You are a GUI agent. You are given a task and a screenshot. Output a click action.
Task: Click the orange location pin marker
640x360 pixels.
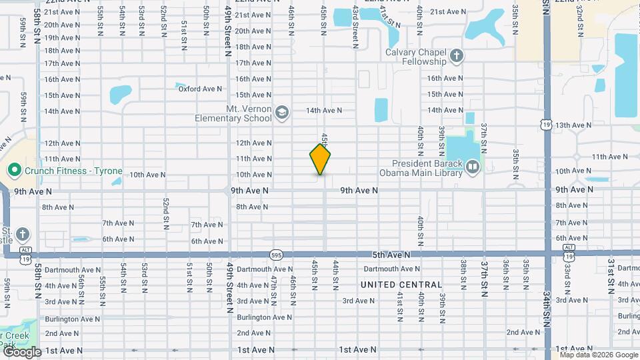pos(320,159)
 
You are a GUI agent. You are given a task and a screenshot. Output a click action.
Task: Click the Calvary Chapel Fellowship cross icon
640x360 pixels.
pos(456,55)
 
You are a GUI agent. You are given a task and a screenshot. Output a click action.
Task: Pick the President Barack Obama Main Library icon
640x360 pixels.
pos(473,166)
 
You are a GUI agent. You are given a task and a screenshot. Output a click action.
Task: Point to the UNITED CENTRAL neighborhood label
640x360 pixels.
pos(401,285)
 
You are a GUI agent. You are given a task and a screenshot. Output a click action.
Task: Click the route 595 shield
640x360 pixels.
pos(275,254)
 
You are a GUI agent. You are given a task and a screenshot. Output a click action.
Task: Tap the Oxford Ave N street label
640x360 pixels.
pos(199,89)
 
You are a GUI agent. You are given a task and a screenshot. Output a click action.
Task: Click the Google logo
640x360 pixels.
pos(21,351)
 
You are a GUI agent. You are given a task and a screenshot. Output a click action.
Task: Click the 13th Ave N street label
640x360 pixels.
pos(573,125)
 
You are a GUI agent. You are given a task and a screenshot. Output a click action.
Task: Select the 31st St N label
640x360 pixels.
pos(611,277)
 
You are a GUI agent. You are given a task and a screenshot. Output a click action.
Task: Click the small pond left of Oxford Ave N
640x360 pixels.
pos(121,95)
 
